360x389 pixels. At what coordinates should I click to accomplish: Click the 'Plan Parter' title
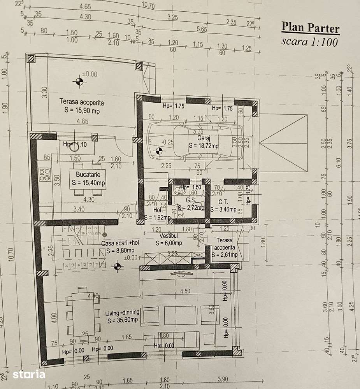(x=310, y=28)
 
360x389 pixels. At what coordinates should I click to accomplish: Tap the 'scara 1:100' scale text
(x=309, y=42)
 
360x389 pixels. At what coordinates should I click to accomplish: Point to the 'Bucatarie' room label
(x=88, y=175)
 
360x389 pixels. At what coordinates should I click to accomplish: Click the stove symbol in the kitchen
(x=44, y=174)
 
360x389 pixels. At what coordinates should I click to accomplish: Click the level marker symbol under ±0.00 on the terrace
(x=79, y=81)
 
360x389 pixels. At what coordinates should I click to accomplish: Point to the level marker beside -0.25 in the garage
(x=158, y=151)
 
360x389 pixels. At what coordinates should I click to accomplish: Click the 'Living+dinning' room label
(x=121, y=313)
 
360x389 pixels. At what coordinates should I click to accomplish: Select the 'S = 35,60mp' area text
(x=121, y=320)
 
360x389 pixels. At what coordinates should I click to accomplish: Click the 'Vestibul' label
(x=168, y=236)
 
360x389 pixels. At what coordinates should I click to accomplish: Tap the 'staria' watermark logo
(x=28, y=375)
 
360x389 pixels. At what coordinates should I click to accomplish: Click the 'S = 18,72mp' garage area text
(x=203, y=145)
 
